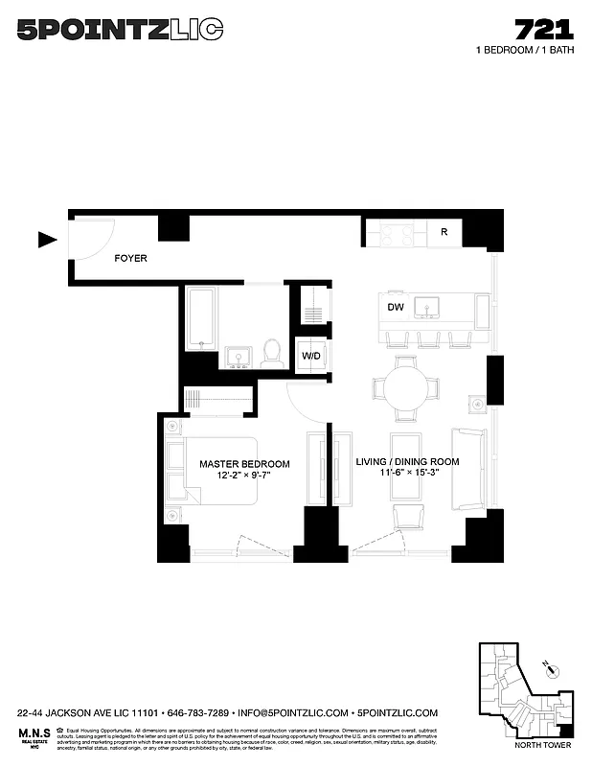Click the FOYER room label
(130, 259)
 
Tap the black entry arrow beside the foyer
(47, 240)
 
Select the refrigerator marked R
(444, 232)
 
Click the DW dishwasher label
(395, 308)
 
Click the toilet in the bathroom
(271, 352)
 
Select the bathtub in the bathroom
(200, 317)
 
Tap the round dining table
(406, 387)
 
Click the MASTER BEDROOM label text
(244, 464)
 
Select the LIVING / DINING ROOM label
(407, 462)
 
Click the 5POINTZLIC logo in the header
(121, 31)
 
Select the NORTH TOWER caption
(542, 745)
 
